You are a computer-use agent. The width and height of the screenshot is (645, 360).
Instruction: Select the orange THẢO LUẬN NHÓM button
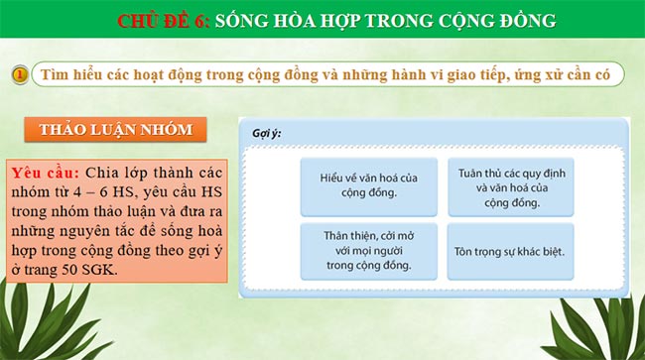(116, 130)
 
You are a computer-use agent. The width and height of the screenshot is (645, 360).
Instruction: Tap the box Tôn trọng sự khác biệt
(510, 250)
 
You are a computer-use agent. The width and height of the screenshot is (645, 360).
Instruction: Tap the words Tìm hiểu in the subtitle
(63, 75)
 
